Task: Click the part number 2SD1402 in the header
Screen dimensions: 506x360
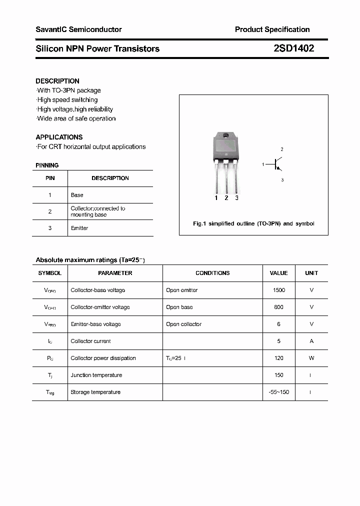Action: pos(293,48)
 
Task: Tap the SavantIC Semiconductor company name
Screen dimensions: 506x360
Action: pos(78,29)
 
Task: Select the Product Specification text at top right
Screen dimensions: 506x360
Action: pos(272,29)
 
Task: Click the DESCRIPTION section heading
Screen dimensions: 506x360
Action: pos(57,81)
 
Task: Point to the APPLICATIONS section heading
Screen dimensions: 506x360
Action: pos(59,137)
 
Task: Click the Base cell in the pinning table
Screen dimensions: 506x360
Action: pos(77,195)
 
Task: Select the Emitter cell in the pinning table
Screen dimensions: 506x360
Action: pos(79,228)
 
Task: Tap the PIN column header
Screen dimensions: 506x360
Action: pos(50,178)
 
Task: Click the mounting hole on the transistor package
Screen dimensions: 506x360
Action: pos(226,136)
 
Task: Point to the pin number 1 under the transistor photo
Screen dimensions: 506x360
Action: pos(216,198)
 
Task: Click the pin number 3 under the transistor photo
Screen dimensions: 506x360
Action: pos(236,198)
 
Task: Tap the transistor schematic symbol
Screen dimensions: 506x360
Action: pos(276,164)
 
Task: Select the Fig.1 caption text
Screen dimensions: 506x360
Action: pos(253,223)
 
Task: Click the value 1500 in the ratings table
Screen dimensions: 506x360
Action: pos(278,290)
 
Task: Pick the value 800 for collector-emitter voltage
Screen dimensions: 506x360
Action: pos(278,307)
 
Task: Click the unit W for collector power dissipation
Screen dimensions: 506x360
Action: pos(311,358)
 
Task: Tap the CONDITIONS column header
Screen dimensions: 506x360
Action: pos(212,273)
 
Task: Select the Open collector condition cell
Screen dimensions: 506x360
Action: pos(183,324)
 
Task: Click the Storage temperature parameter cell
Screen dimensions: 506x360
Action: pos(95,392)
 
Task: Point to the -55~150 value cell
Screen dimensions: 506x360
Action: pos(278,392)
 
